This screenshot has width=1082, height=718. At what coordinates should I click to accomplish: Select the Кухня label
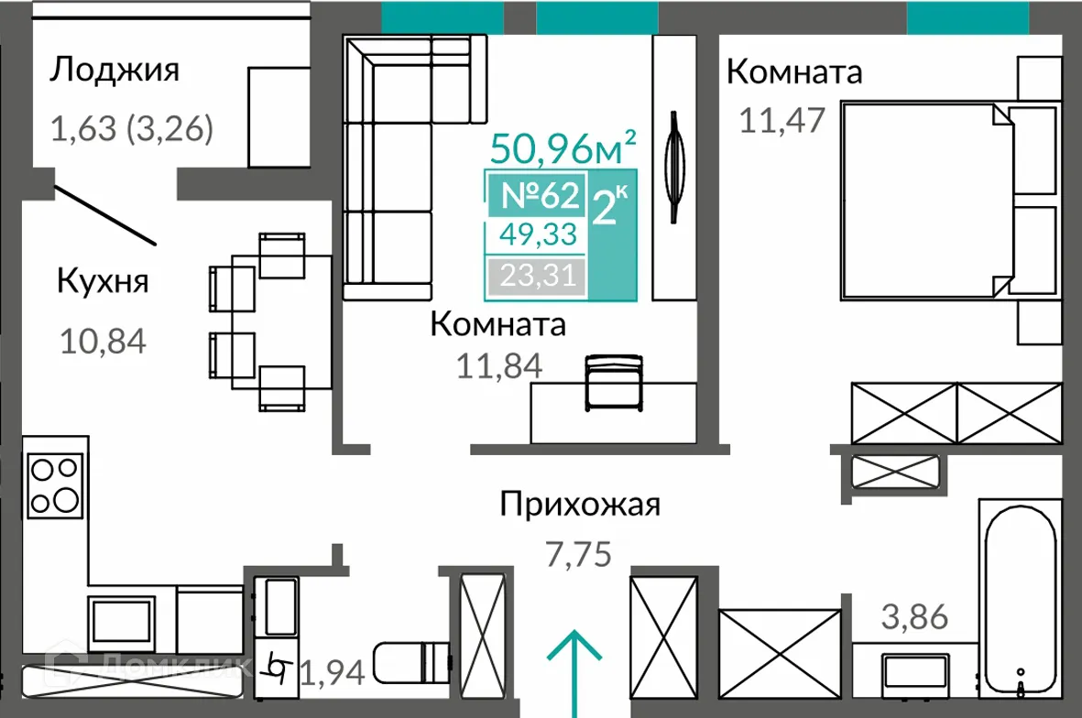tap(103, 280)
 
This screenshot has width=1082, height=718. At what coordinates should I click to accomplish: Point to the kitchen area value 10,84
tap(103, 342)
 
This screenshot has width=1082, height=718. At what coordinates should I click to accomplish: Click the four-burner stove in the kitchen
tap(54, 485)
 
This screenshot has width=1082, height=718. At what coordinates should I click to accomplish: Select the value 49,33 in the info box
tap(538, 235)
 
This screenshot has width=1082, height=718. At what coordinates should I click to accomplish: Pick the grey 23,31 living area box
tap(537, 274)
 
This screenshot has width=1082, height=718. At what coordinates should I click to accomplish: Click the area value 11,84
tap(499, 365)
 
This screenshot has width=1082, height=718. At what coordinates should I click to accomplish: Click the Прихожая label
tap(579, 505)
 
